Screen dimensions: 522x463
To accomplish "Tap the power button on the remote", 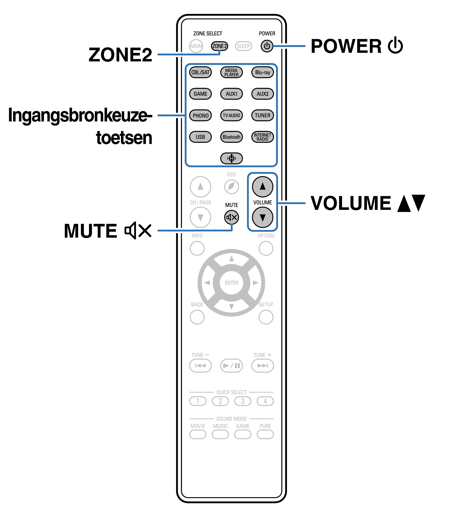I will (x=267, y=46).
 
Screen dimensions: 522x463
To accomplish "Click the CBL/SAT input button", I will (x=200, y=73).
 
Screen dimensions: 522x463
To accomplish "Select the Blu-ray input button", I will (x=263, y=73).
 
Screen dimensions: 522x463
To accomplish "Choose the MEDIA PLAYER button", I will (x=231, y=73).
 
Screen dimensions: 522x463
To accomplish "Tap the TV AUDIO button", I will (x=231, y=115).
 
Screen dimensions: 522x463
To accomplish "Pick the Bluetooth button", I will (x=231, y=137).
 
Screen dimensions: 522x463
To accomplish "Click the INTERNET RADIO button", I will (x=263, y=137).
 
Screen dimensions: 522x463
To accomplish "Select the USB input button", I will (x=200, y=137).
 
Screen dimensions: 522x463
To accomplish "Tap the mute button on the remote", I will (x=231, y=217).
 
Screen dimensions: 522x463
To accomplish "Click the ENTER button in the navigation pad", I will (x=231, y=283).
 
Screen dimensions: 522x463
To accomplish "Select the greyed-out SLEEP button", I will (x=243, y=46).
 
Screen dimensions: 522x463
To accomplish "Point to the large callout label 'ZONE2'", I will (x=120, y=55).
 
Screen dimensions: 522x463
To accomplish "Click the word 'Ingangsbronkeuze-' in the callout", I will (x=80, y=115).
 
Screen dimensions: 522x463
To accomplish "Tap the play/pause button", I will (x=231, y=366).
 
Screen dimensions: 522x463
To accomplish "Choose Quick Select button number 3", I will (x=243, y=401).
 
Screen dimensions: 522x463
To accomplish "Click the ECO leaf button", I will (x=231, y=187).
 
